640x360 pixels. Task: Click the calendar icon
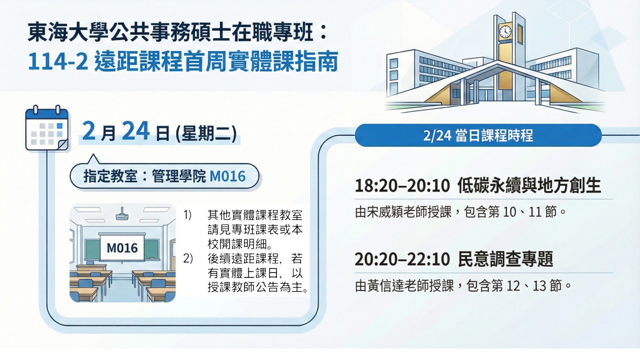[x=47, y=128]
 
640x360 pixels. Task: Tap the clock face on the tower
[x=505, y=31]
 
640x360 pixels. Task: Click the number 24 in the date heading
[x=135, y=131]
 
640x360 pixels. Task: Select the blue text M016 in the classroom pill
[x=227, y=176]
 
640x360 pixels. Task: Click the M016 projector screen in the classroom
[x=122, y=247]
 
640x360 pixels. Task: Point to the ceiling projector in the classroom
[x=122, y=215]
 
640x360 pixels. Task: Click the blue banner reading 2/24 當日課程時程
[x=478, y=135]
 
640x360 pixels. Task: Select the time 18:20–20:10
[x=402, y=186]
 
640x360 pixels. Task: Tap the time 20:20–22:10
[x=402, y=259]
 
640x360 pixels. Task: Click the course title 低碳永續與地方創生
[x=529, y=185]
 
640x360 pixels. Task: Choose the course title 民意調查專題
[x=505, y=259]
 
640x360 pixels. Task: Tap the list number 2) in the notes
[x=187, y=258]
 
